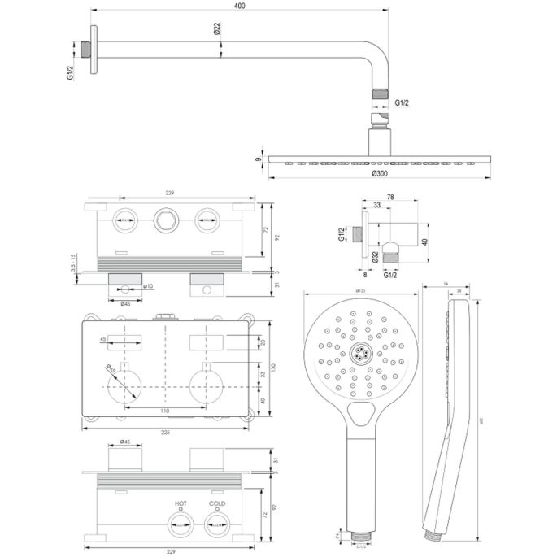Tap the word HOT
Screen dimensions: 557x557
[x=180, y=504]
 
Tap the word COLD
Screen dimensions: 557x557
[x=215, y=504]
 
